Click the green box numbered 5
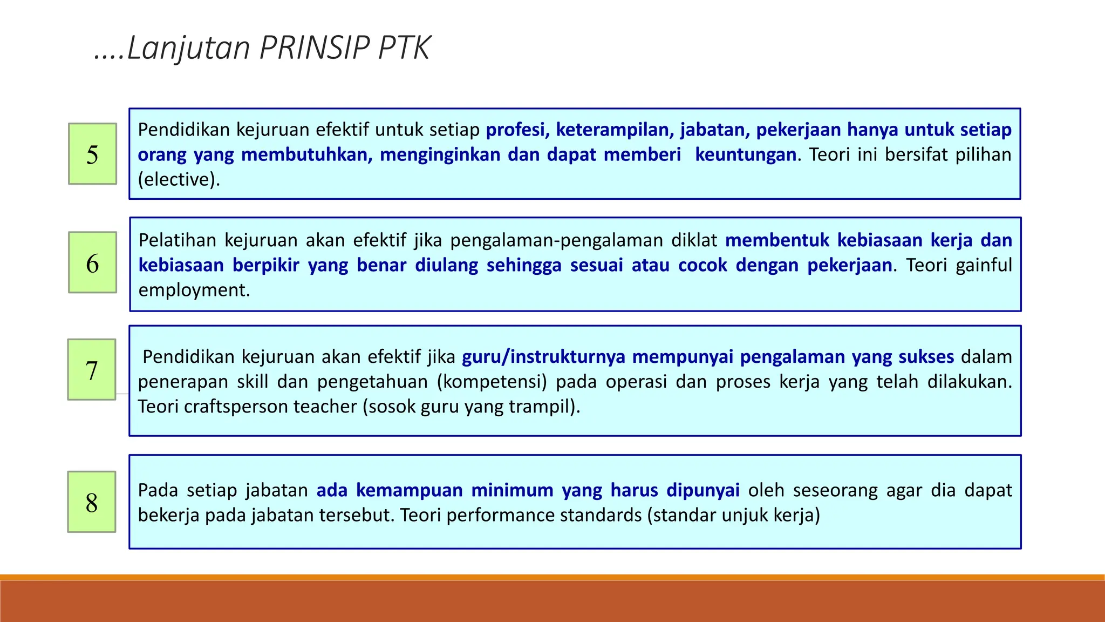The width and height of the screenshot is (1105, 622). [92, 154]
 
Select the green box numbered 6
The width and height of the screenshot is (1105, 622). [92, 262]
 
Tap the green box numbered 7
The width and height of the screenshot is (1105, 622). [92, 370]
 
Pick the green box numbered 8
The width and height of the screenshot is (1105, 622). [92, 502]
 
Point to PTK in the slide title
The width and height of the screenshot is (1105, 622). [404, 48]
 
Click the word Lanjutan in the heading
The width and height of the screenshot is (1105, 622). [188, 48]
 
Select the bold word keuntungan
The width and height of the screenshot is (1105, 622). [745, 155]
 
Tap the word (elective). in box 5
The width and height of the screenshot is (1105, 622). [179, 179]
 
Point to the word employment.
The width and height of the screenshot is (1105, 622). [194, 290]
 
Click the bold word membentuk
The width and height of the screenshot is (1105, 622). [777, 240]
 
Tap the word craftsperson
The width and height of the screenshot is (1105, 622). [236, 407]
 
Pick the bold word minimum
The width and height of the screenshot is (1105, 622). [512, 490]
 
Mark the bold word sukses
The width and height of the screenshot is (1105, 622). [926, 357]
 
